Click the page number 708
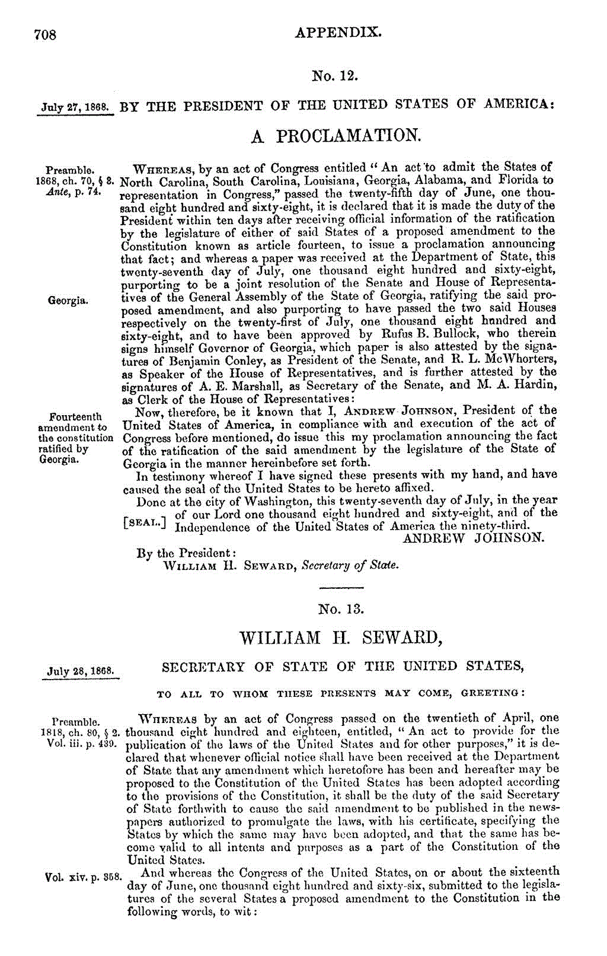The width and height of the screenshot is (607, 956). [x=45, y=34]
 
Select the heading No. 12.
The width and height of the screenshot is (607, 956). [x=336, y=76]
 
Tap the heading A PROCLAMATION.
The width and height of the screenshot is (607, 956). [x=336, y=136]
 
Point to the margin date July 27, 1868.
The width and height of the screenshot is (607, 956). [x=75, y=108]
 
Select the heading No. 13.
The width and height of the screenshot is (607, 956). [x=341, y=609]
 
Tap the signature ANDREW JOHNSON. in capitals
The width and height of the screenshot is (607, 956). [x=473, y=538]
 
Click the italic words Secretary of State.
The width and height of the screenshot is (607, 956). [x=350, y=565]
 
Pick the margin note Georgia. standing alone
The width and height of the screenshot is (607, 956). [x=69, y=301]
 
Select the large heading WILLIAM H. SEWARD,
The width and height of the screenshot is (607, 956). [x=341, y=638]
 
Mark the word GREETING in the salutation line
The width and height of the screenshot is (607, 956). [x=491, y=693]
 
